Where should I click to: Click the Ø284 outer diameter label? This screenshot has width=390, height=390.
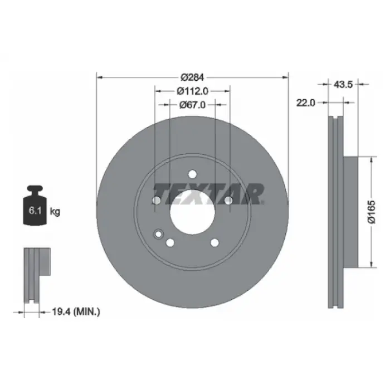(192, 77)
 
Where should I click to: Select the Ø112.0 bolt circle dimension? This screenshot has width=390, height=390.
(192, 91)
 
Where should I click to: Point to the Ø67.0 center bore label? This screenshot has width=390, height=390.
(192, 105)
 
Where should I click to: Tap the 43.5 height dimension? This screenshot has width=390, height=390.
(343, 85)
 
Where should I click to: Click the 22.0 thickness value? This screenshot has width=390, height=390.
(306, 103)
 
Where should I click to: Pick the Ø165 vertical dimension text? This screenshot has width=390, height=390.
(372, 212)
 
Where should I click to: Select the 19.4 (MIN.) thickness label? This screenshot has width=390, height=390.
(76, 311)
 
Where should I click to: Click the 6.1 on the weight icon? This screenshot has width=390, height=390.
(35, 211)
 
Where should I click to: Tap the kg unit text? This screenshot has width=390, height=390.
(55, 212)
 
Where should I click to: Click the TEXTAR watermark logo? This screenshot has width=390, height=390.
(208, 194)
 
